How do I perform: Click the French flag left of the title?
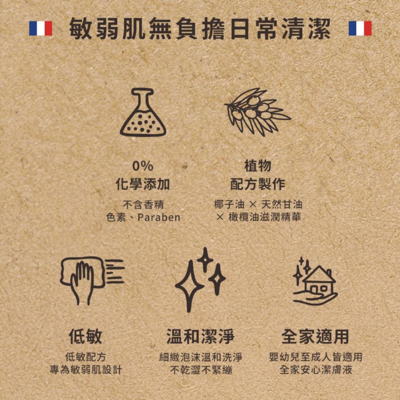point(41,29)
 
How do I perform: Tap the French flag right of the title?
point(360,29)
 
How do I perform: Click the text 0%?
point(143,166)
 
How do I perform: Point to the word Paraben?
point(159,218)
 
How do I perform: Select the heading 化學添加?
point(143,184)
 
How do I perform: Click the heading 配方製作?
point(257,184)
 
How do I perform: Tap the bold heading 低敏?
point(86,336)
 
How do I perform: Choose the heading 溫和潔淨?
point(200,336)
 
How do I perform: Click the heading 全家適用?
point(315,336)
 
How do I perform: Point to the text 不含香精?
point(143,204)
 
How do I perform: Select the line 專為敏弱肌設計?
point(86,370)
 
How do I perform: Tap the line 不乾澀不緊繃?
point(200,370)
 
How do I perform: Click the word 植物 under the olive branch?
point(257,166)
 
